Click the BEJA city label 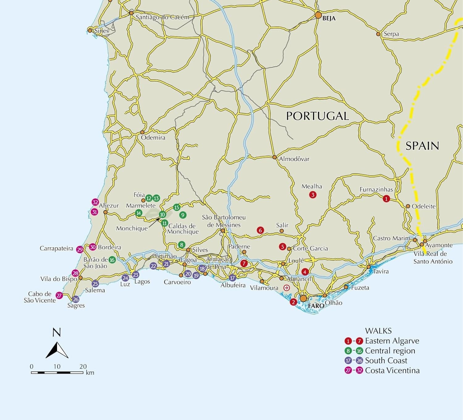pyautogui.click(x=329, y=19)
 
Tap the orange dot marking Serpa pyautogui.click(x=378, y=34)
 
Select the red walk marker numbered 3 pyautogui.click(x=313, y=195)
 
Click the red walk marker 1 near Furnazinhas pyautogui.click(x=386, y=199)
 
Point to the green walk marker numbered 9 pyautogui.click(x=183, y=215)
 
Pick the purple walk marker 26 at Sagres pyautogui.click(x=76, y=299)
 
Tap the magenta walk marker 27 pyautogui.click(x=59, y=295)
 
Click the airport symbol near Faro pyautogui.click(x=287, y=288)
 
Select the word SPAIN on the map pyautogui.click(x=422, y=146)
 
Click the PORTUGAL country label pyautogui.click(x=317, y=116)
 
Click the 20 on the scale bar pyautogui.click(x=83, y=366)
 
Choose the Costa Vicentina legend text pyautogui.click(x=392, y=370)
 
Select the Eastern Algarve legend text pyautogui.click(x=392, y=341)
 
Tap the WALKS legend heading pyautogui.click(x=378, y=331)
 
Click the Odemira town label pyautogui.click(x=153, y=138)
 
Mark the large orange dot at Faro pyautogui.click(x=303, y=299)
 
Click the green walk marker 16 pyautogui.click(x=112, y=260)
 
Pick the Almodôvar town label pyautogui.click(x=294, y=159)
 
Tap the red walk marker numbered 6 pyautogui.click(x=260, y=230)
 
